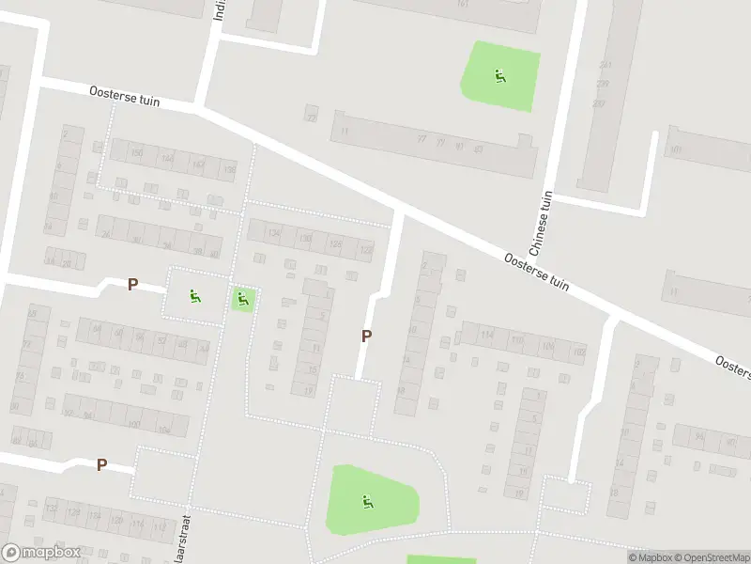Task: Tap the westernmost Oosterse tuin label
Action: (x=126, y=96)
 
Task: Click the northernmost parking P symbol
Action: (x=132, y=284)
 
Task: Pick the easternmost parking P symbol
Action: (x=366, y=335)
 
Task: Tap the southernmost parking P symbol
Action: (x=101, y=464)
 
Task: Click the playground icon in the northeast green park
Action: (x=500, y=75)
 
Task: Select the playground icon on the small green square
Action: (x=242, y=300)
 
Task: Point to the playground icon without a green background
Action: (x=195, y=296)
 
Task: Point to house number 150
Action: (x=137, y=153)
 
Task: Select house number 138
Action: (x=229, y=169)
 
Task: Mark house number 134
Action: (x=274, y=233)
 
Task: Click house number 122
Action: (x=365, y=250)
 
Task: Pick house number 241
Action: (x=605, y=65)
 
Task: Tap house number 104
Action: (x=163, y=431)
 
